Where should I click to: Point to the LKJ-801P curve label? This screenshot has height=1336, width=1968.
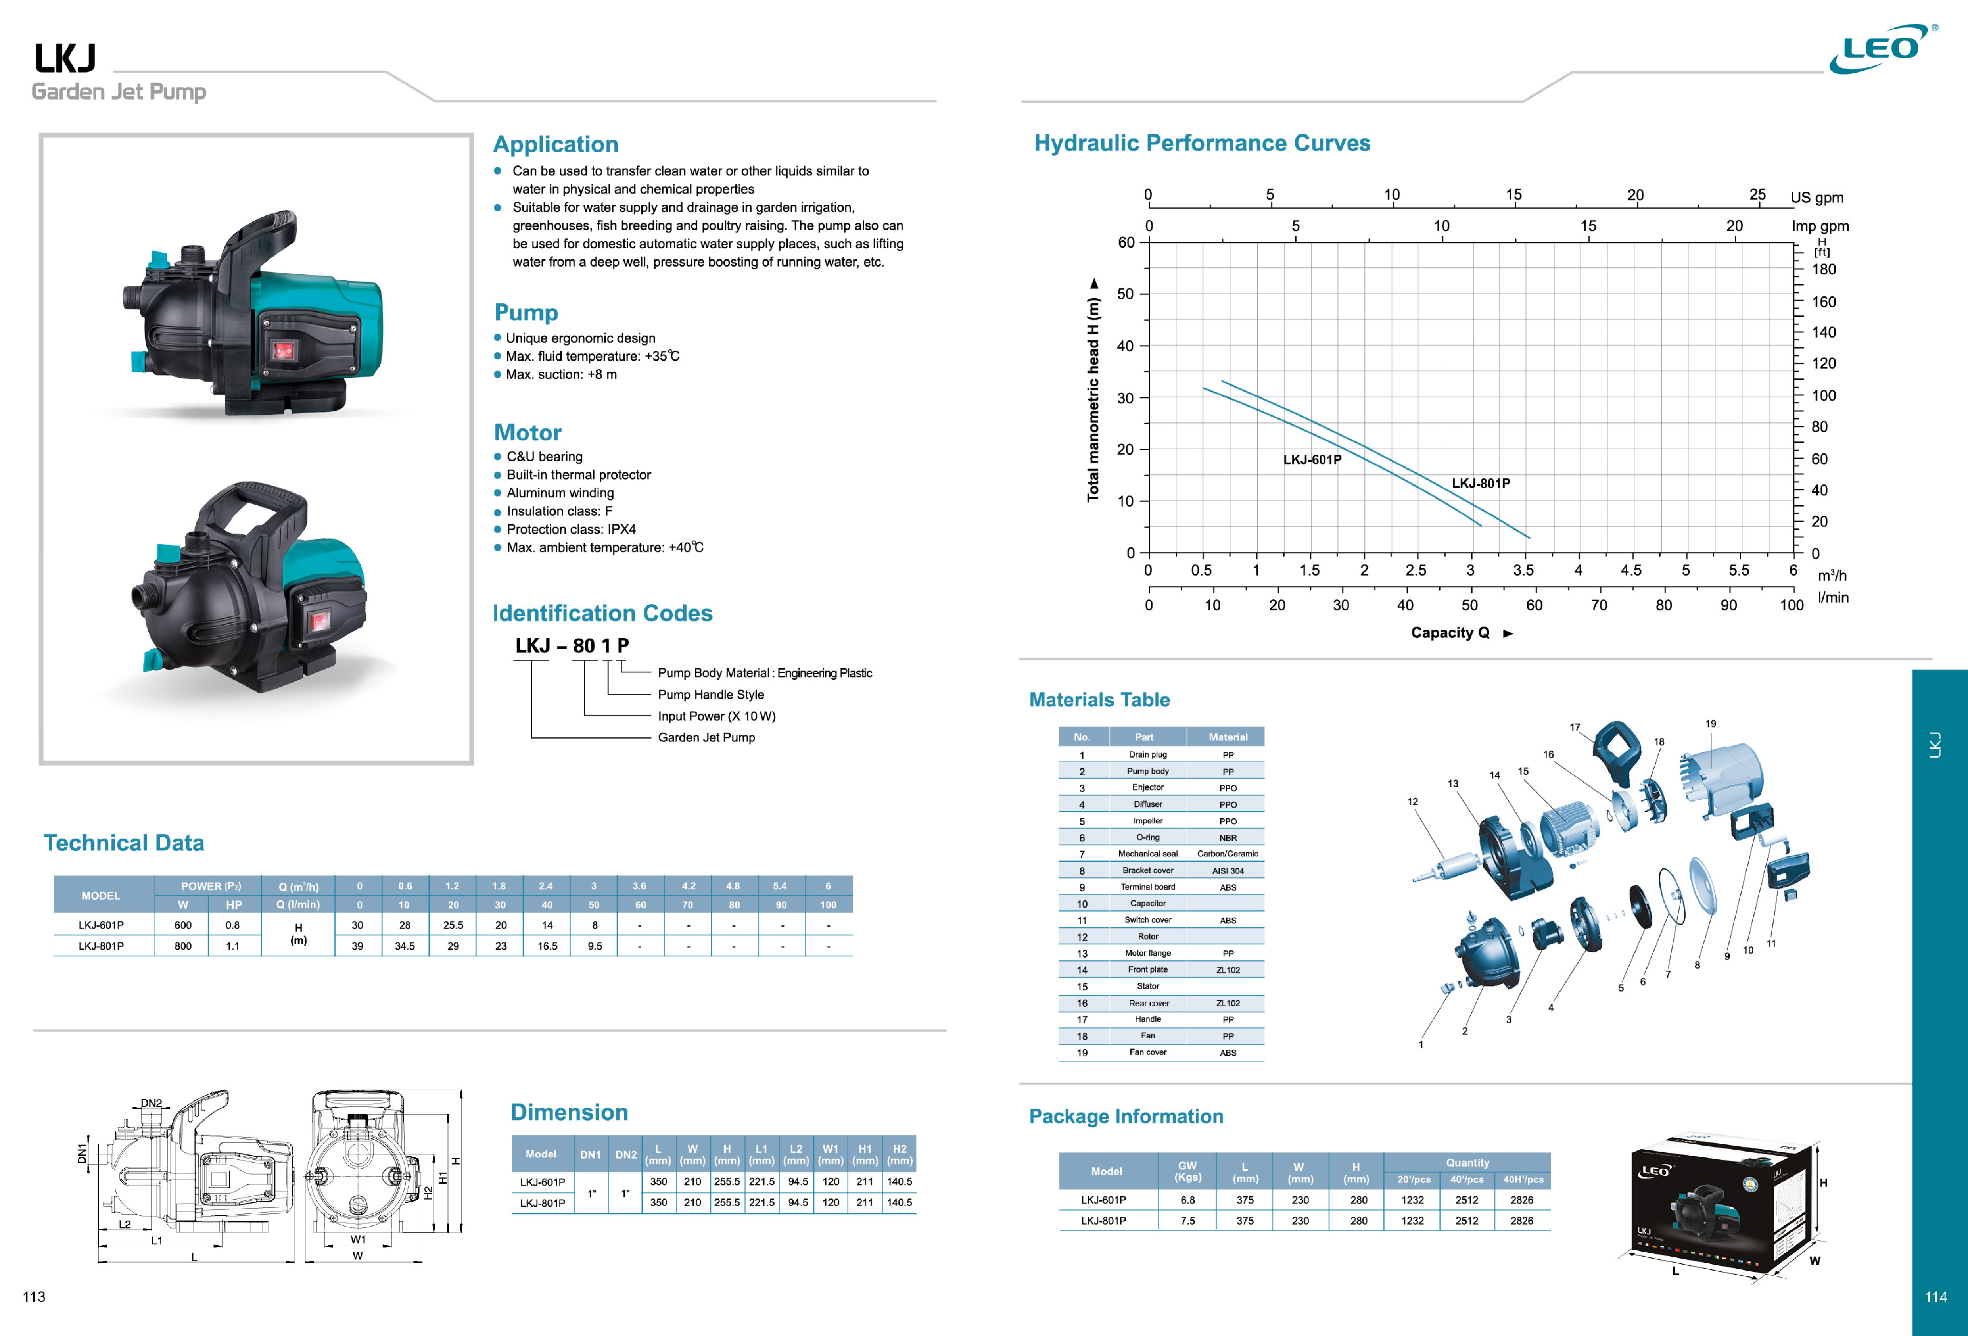[x=1480, y=484]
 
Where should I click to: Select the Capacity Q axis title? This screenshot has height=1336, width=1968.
[x=1450, y=633]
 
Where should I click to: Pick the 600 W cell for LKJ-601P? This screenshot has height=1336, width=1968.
[x=183, y=925]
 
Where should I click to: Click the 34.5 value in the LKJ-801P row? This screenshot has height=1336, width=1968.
[x=405, y=946]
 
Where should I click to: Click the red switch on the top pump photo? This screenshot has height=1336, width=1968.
[x=282, y=350]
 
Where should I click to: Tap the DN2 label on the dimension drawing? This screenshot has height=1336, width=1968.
[x=151, y=1103]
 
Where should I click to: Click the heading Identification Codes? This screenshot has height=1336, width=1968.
[x=602, y=613]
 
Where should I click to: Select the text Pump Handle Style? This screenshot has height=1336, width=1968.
[x=710, y=695]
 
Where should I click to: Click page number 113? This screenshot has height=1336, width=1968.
[x=34, y=1297]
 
